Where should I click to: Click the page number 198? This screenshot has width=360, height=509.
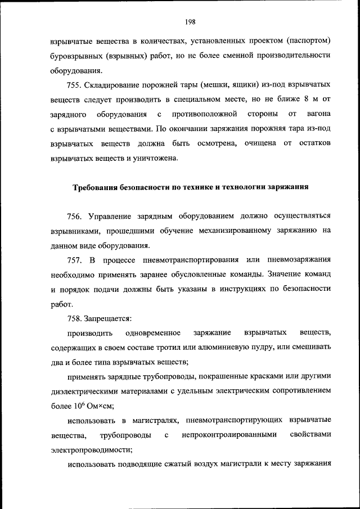pos(188,22)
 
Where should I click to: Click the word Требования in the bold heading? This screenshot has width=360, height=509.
pos(96,187)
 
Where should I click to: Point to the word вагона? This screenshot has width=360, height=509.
pos(318,114)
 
